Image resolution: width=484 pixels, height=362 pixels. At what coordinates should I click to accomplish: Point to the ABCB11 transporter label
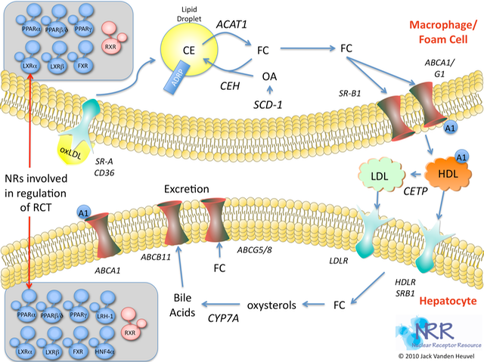point(177,257)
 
